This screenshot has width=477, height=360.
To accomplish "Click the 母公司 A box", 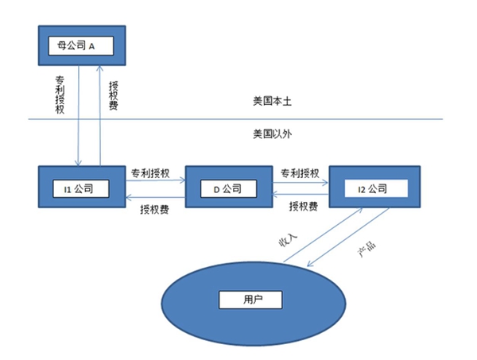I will tap(77, 46).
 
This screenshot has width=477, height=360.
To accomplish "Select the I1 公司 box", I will tap(79, 188).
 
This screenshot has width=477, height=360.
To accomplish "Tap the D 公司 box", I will tap(223, 188).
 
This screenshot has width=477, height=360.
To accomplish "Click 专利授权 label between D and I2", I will tap(301, 172).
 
